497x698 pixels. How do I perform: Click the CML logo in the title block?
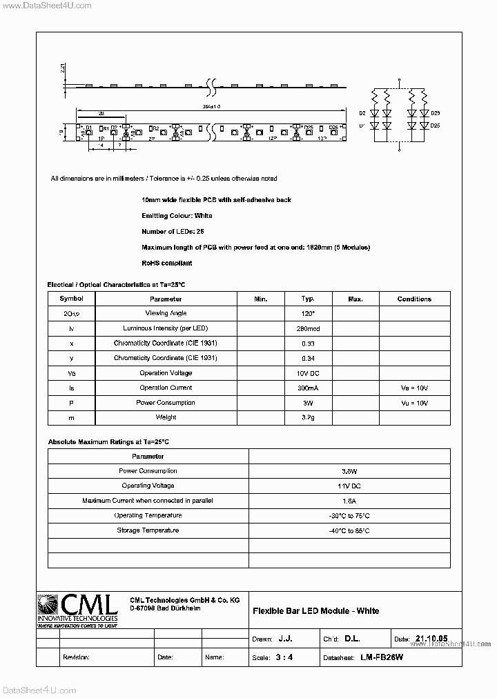pyautogui.click(x=77, y=609)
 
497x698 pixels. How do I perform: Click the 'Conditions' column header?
pyautogui.click(x=414, y=299)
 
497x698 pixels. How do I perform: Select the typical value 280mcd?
pyautogui.click(x=308, y=328)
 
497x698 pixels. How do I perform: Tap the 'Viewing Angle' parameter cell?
pyautogui.click(x=166, y=313)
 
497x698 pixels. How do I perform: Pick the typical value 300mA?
pyautogui.click(x=308, y=388)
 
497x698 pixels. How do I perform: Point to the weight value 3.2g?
pyautogui.click(x=308, y=417)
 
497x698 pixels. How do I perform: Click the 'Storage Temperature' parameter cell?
pyautogui.click(x=148, y=530)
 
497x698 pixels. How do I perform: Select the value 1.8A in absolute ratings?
pyautogui.click(x=349, y=501)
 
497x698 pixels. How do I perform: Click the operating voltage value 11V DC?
pyautogui.click(x=349, y=486)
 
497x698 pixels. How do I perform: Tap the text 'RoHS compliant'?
pyautogui.click(x=166, y=263)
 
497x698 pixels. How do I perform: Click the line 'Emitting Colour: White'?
pyautogui.click(x=177, y=215)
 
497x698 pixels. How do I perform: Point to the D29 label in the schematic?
pyautogui.click(x=435, y=113)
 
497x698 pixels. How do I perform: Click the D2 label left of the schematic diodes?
pyautogui.click(x=362, y=113)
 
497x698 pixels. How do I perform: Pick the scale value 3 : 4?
pyautogui.click(x=284, y=657)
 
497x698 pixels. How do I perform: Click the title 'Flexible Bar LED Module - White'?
pyautogui.click(x=315, y=610)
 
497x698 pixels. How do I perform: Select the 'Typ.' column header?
pyautogui.click(x=308, y=299)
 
